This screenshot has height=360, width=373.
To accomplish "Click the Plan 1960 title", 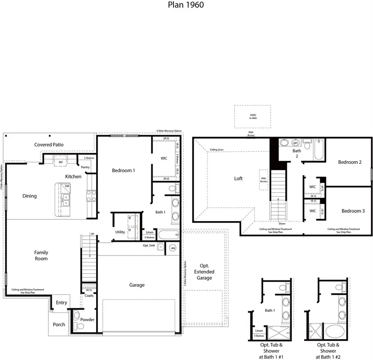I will pyautogui.click(x=186, y=5).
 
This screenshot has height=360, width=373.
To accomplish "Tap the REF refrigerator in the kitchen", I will pyautogui.click(x=61, y=162).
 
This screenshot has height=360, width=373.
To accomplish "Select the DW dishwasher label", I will pyautogui.click(x=67, y=187).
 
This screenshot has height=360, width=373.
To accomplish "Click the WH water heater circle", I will pyautogui.click(x=173, y=248).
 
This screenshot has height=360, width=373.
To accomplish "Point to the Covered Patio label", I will pyautogui.click(x=49, y=144).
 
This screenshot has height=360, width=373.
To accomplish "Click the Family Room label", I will pyautogui.click(x=41, y=255).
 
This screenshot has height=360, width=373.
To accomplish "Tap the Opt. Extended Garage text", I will pyautogui.click(x=204, y=272).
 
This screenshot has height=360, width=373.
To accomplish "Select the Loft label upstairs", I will pyautogui.click(x=238, y=178).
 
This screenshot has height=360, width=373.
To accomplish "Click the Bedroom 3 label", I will pyautogui.click(x=353, y=211).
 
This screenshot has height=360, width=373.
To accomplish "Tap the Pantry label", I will pyautogui.click(x=85, y=167).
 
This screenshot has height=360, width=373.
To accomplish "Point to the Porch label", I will pyautogui.click(x=59, y=324).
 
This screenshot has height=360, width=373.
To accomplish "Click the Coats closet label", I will pyautogui.click(x=89, y=295).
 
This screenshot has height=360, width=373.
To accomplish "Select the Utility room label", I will pyautogui.click(x=120, y=232).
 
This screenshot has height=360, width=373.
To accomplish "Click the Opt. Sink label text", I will pyautogui.click(x=148, y=246).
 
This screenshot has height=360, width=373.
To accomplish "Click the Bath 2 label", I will pyautogui.click(x=296, y=153).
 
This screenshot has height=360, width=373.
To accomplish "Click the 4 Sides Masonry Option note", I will pyautogui.click(x=169, y=131).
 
